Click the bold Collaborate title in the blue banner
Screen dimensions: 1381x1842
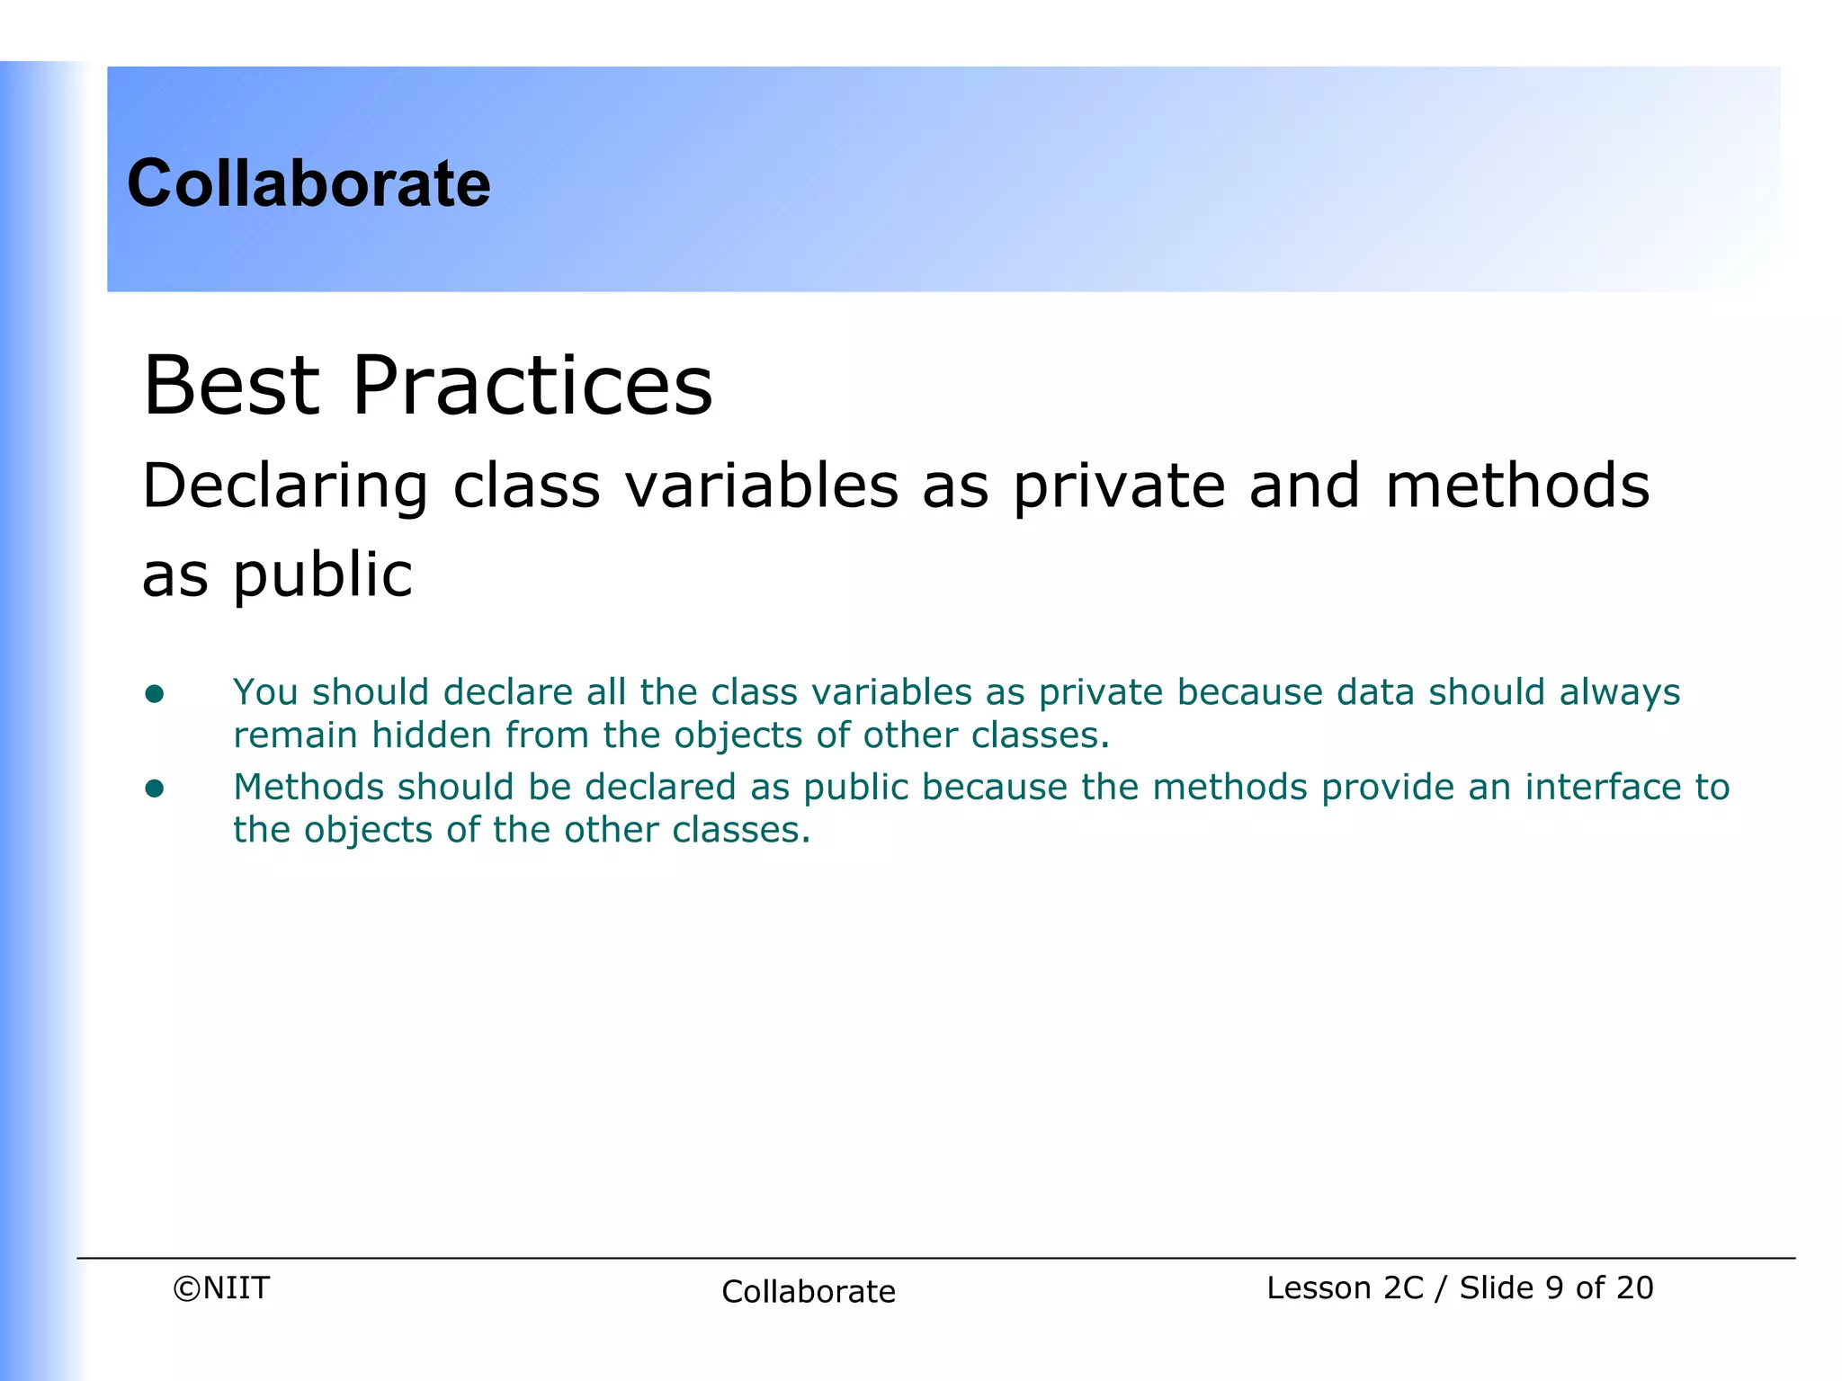pos(308,183)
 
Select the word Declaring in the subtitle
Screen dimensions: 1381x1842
pos(285,486)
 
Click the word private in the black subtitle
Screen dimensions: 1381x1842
pos(1119,486)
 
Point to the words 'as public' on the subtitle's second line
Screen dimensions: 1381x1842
pos(277,575)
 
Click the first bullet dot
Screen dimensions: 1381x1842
pos(155,693)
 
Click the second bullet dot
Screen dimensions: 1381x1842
pos(155,789)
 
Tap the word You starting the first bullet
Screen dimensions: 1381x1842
pos(265,692)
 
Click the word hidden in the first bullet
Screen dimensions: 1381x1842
pos(432,735)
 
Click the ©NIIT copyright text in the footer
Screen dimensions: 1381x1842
pos(221,1287)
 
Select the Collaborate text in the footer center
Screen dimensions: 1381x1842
pos(808,1291)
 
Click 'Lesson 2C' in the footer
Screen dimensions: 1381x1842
pos(1345,1287)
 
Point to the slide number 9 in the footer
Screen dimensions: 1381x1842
pos(1554,1287)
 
